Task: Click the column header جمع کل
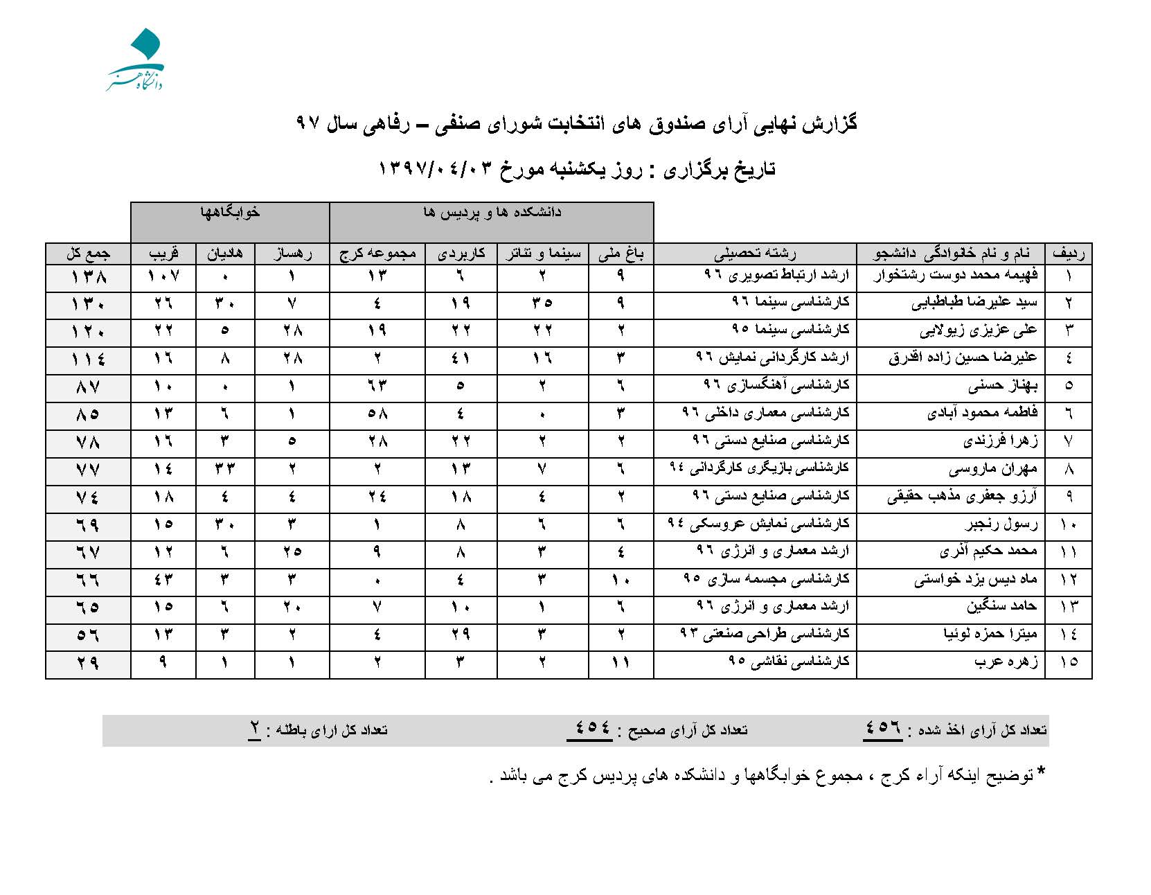pyautogui.click(x=88, y=254)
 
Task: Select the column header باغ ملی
pyautogui.click(x=621, y=254)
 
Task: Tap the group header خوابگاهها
pyautogui.click(x=230, y=213)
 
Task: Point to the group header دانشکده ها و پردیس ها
pyautogui.click(x=492, y=213)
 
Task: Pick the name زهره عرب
pyautogui.click(x=1006, y=662)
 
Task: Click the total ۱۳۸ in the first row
pyautogui.click(x=88, y=277)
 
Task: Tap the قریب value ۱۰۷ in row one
pyautogui.click(x=163, y=276)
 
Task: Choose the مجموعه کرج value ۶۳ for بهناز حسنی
pyautogui.click(x=377, y=386)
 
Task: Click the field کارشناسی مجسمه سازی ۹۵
pyautogui.click(x=766, y=578)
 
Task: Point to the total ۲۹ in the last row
pyautogui.click(x=88, y=663)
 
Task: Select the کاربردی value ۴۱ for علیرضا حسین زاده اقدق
pyautogui.click(x=461, y=358)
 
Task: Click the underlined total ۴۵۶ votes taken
pyautogui.click(x=882, y=727)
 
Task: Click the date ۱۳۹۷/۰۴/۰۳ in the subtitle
pyautogui.click(x=436, y=169)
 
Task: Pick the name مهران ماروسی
pyautogui.click(x=993, y=469)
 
